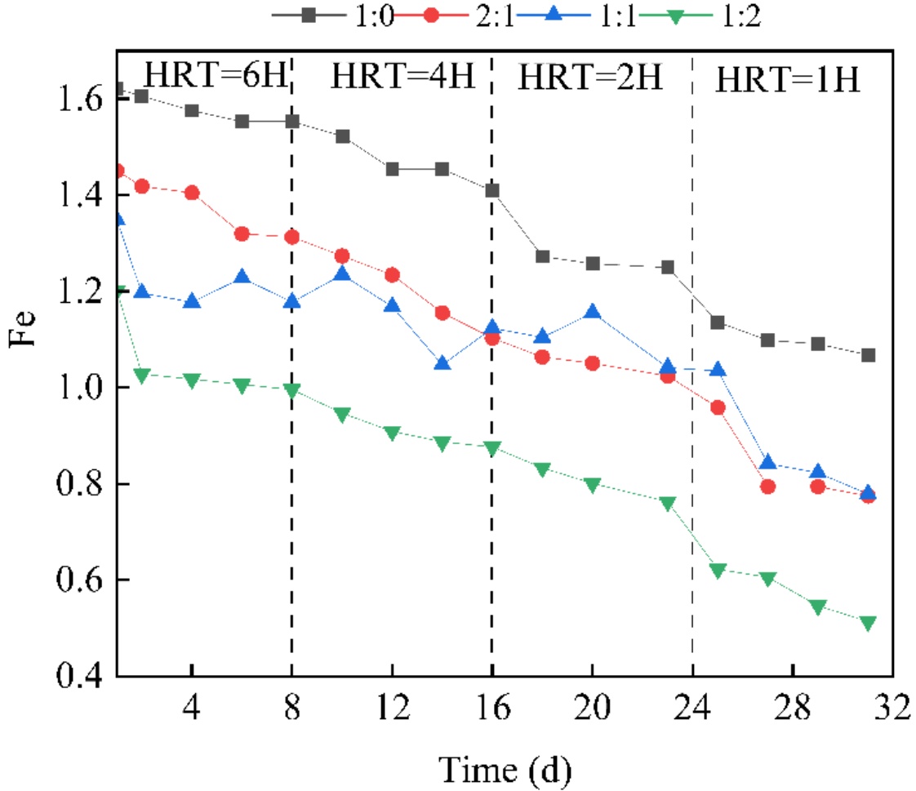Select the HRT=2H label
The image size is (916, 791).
pos(591,78)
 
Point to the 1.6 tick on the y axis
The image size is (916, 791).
pos(78,100)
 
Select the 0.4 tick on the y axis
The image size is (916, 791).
pos(78,677)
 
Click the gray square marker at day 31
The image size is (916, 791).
pos(868,355)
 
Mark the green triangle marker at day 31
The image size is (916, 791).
pos(868,623)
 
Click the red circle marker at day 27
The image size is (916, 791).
pos(767,487)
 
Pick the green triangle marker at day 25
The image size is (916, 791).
pos(718,571)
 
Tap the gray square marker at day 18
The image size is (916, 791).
pos(542,256)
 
